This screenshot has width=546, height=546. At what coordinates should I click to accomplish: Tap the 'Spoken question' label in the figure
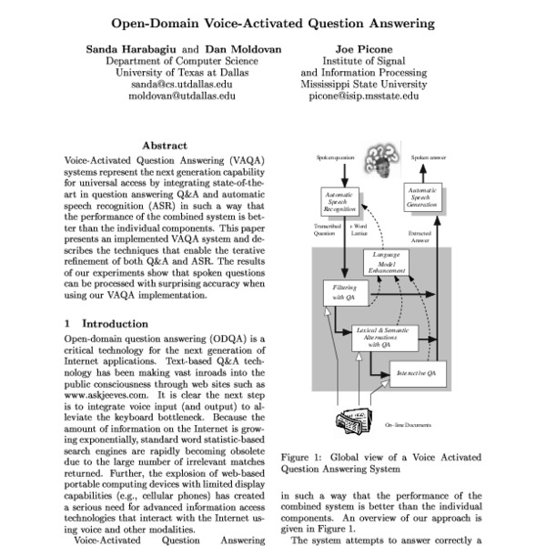pyautogui.click(x=335, y=157)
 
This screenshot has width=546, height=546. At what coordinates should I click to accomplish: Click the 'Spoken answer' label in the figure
pyautogui.click(x=428, y=157)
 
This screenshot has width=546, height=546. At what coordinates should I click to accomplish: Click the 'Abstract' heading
pyautogui.click(x=165, y=145)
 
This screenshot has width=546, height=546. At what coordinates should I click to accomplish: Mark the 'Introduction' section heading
pyautogui.click(x=114, y=323)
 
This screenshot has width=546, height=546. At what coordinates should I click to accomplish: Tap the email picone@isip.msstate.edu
pyautogui.click(x=364, y=95)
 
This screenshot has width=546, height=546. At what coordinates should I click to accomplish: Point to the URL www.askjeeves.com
pyautogui.click(x=108, y=397)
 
